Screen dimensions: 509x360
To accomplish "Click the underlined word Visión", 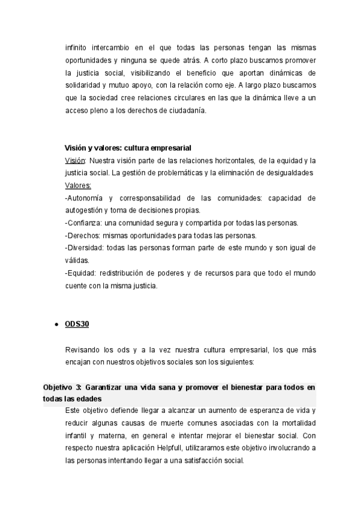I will pyautogui.click(x=76, y=160).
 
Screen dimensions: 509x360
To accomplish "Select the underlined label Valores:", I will pyautogui.click(x=78, y=185).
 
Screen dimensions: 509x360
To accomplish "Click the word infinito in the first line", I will pyautogui.click(x=78, y=47).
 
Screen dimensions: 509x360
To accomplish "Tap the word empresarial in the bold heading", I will pyautogui.click(x=169, y=148).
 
